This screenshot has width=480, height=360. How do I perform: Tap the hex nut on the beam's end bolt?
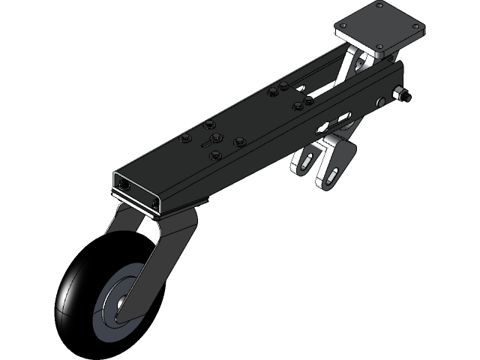(401, 95)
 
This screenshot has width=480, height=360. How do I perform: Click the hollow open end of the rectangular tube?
(135, 187)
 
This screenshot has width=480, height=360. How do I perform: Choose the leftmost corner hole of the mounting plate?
(341, 26)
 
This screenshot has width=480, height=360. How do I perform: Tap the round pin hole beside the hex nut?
(382, 101)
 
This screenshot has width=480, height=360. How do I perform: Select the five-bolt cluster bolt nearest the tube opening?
(184, 139)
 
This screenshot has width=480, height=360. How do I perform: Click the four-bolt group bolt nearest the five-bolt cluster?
(272, 94)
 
